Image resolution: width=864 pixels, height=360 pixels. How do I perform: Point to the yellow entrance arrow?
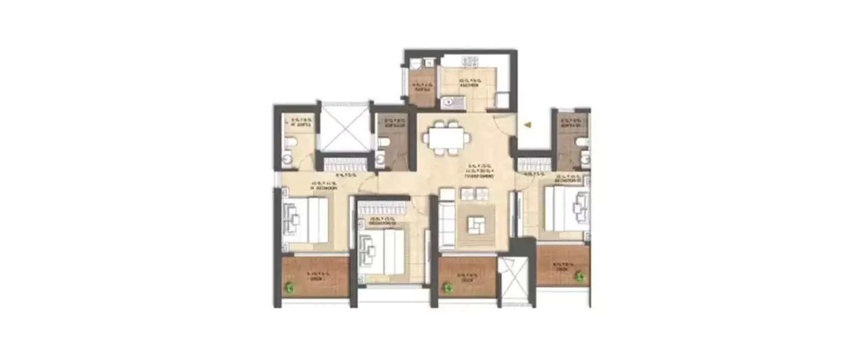coord(526,123)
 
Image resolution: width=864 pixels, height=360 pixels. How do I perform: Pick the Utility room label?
coord(419,88)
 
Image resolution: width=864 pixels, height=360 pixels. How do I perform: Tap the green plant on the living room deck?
coord(446,287)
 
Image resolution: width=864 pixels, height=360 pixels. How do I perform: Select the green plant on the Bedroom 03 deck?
coord(580,277)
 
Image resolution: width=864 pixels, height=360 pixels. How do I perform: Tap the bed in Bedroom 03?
coord(567,210)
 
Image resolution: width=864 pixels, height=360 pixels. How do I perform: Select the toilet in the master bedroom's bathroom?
coord(291,141)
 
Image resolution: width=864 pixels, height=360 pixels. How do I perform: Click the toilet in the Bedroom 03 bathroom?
coord(582,142)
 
